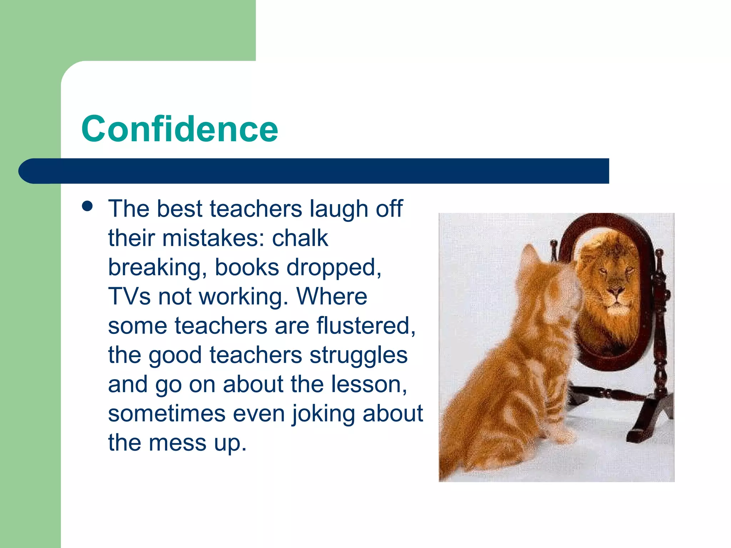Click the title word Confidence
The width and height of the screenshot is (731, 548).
[180, 129]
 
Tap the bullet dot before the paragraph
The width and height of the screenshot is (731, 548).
[87, 206]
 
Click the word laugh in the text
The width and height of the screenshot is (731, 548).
[338, 209]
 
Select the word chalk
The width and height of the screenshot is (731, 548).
[300, 238]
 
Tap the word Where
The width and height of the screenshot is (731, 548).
[332, 296]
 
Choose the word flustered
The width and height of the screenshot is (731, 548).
[365, 326]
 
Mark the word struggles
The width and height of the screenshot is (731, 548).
[358, 355]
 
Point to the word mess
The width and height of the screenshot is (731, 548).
[177, 443]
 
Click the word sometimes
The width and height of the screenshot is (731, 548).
[167, 413]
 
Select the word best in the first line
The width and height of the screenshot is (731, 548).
[180, 209]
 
